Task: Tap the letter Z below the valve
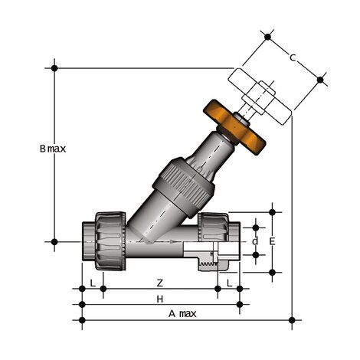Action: point(159,283)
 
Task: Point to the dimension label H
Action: point(159,298)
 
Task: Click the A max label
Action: point(182,314)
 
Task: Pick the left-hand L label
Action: point(93,283)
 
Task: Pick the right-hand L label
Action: point(229,283)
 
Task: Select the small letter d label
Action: point(255,241)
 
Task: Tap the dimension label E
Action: point(271,241)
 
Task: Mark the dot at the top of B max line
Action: point(54,67)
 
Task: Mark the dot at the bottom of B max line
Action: point(54,241)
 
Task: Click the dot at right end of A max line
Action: point(291,319)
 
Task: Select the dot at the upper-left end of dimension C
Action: point(267,36)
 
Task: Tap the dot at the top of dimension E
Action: point(272,211)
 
